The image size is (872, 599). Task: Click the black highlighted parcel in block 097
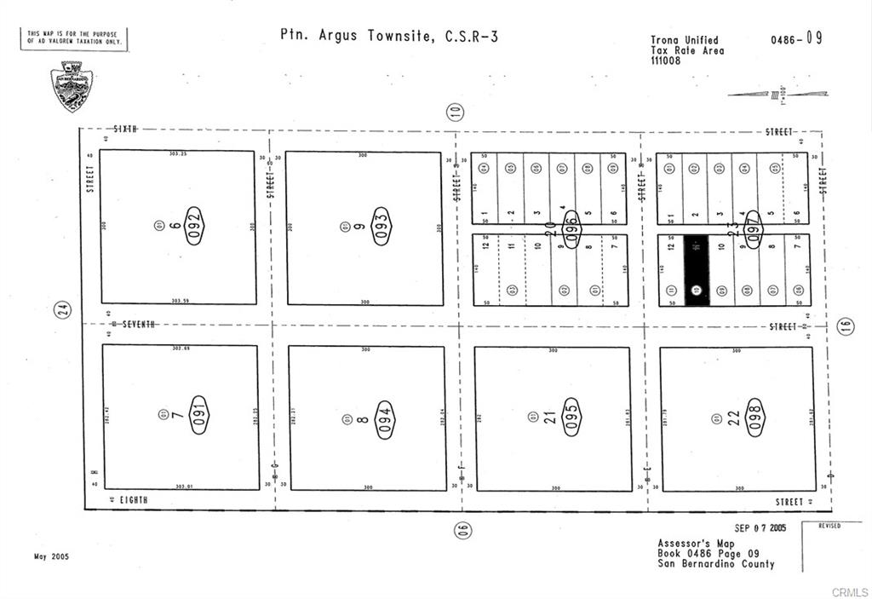696,270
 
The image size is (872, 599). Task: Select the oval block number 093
381,226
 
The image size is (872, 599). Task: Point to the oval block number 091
198,415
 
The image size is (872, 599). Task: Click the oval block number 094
385,419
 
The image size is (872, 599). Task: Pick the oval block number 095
571,418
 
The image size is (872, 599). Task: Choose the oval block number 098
755,418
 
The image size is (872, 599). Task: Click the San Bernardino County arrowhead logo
72,86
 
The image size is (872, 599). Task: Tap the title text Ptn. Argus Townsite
358,36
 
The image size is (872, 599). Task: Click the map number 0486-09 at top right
796,39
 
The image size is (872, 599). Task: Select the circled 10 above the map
456,111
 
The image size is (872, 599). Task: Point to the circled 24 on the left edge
63,311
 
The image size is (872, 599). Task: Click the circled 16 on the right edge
845,326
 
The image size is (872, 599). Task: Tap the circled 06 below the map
462,530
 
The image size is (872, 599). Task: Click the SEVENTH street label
140,324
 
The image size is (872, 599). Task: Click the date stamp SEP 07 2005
760,528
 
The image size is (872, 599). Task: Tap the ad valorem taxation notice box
74,37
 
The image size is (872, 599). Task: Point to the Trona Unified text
685,40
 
